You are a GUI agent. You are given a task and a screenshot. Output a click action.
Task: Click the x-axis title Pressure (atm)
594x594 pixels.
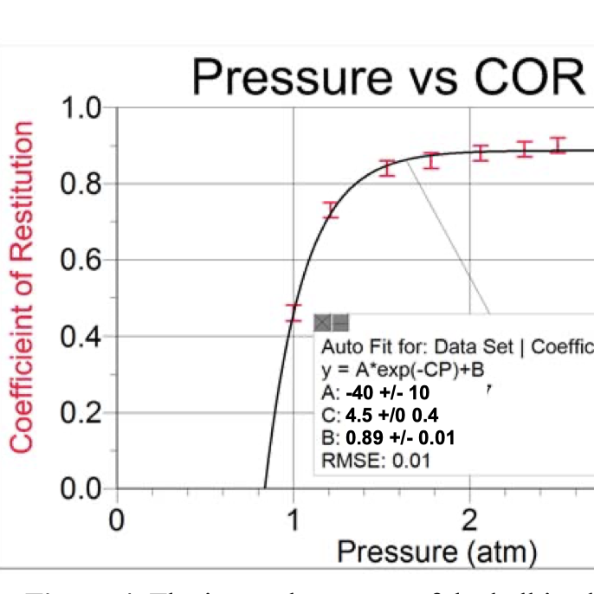click(436, 551)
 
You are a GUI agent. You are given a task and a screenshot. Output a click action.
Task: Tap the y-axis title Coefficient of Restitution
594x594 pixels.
click(22, 287)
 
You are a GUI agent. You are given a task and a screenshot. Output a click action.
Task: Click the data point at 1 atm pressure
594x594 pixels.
click(294, 313)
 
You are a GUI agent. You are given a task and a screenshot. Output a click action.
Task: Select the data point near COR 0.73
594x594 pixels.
click(330, 210)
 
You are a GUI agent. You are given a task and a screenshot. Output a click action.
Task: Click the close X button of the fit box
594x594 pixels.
click(321, 322)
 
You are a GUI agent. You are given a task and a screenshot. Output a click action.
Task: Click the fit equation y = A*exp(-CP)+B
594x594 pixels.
click(403, 368)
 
